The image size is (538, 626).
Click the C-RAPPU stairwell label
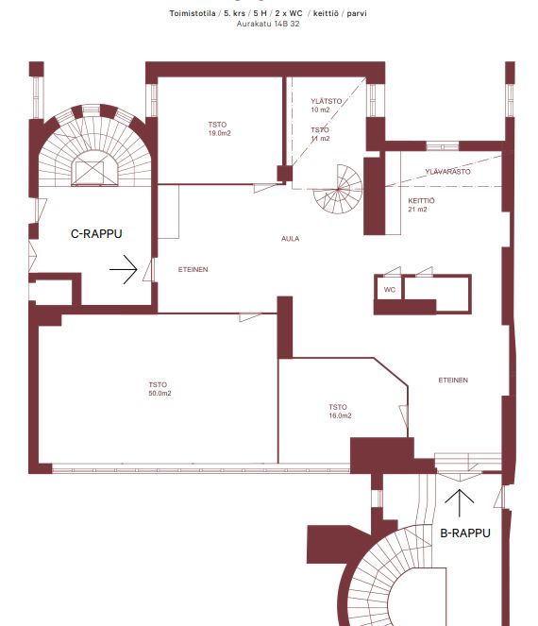tap(96, 233)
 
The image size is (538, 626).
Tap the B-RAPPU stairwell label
tap(465, 533)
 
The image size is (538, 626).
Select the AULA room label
tap(290, 239)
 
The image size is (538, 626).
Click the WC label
tap(390, 290)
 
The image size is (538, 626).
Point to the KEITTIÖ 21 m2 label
tap(421, 205)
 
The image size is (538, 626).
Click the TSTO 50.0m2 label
tap(160, 389)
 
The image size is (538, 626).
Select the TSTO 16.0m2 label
tap(340, 412)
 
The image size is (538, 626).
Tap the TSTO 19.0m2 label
tap(219, 129)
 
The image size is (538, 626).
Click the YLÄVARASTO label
tap(447, 172)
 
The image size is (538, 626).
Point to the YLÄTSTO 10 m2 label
tap(326, 106)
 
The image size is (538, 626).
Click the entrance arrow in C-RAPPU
tap(124, 269)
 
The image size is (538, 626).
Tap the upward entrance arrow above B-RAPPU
tap(460, 502)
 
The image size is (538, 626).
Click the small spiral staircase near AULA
tap(338, 189)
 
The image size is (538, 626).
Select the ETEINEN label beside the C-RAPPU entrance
tap(193, 269)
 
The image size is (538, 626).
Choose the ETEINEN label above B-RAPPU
tap(453, 381)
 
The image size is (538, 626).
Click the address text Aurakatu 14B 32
tap(268, 24)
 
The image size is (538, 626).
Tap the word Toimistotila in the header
tap(193, 13)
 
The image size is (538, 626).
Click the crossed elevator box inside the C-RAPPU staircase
tap(90, 173)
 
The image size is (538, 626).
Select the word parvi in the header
tap(357, 13)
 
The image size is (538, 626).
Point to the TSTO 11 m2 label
tap(320, 134)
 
